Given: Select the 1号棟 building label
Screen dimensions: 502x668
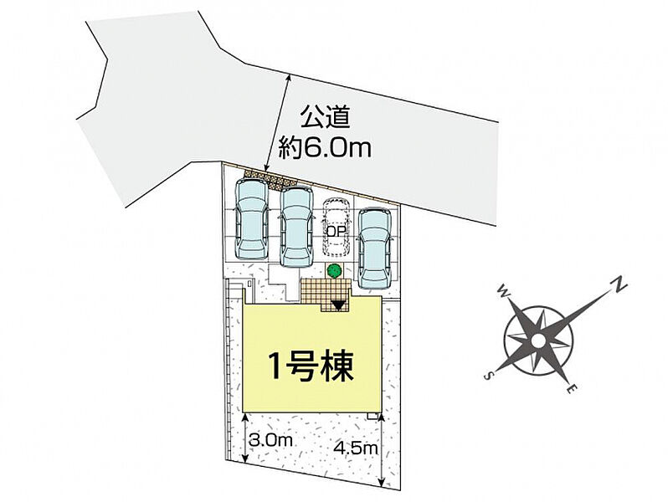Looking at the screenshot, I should tap(309, 365).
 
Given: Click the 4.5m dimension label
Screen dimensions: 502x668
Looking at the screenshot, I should tap(355, 448).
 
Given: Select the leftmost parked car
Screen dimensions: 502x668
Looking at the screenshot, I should tap(252, 218).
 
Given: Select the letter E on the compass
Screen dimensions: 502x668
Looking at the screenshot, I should tap(570, 388).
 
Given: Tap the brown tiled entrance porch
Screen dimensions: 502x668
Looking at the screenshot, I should tap(322, 294).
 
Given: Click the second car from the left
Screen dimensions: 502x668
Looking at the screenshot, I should tap(295, 226).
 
